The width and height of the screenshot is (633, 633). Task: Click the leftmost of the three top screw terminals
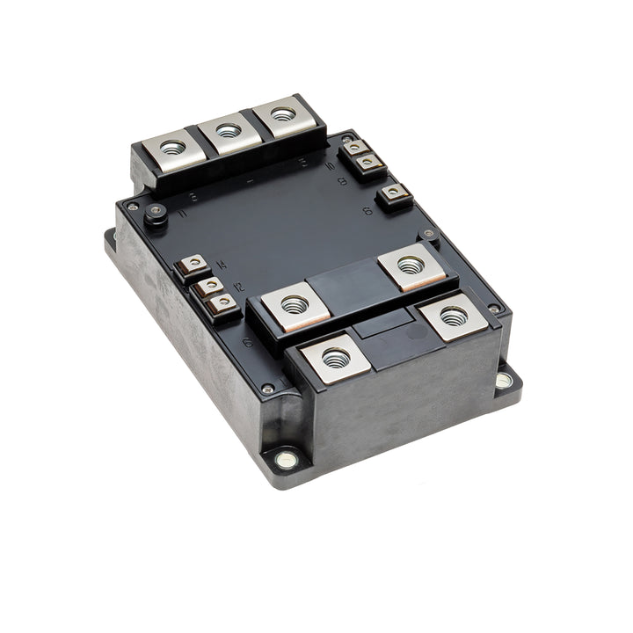point(172,147)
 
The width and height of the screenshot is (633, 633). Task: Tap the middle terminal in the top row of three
point(228,132)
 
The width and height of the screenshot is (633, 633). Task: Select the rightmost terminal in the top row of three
point(282,115)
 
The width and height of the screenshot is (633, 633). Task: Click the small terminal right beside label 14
point(193,264)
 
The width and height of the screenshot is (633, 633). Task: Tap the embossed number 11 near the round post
point(183,213)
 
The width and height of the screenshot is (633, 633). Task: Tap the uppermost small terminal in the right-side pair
point(357,149)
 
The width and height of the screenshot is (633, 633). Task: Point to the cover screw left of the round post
point(132,207)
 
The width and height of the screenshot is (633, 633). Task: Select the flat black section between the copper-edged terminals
point(352,284)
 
